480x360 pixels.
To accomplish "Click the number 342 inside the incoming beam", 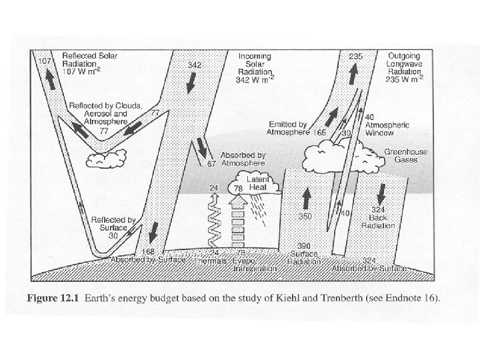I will point(195,65).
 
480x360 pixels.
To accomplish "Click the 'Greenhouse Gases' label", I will point(406,157).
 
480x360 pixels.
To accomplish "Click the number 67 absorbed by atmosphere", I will point(212,163).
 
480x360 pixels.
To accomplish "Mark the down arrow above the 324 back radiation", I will point(381,193).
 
